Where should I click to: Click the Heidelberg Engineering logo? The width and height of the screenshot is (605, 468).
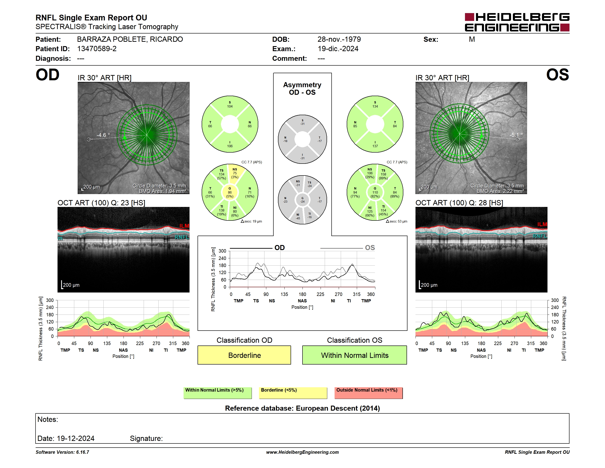coord(517,22)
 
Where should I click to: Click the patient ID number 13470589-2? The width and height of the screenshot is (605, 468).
coord(97,49)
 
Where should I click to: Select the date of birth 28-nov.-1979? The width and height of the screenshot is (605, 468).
coord(339,39)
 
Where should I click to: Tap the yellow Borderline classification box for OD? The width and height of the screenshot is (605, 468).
coord(244,355)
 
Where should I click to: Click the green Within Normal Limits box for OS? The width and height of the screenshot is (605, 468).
coord(355,355)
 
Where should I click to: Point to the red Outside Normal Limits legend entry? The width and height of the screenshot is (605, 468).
coord(368,393)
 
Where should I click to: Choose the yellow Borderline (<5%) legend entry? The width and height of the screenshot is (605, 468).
coord(293,393)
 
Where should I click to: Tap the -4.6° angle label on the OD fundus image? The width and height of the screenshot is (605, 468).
coord(103,135)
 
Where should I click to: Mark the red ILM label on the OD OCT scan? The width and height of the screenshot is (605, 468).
coord(184,226)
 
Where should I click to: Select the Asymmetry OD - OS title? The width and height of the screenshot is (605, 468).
coord(302,89)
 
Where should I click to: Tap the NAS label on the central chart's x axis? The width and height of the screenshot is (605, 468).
coord(302,301)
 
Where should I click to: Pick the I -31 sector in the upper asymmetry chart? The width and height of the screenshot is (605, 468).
coord(302,157)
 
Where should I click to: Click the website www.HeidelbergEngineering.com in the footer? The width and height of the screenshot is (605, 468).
coord(302,452)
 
